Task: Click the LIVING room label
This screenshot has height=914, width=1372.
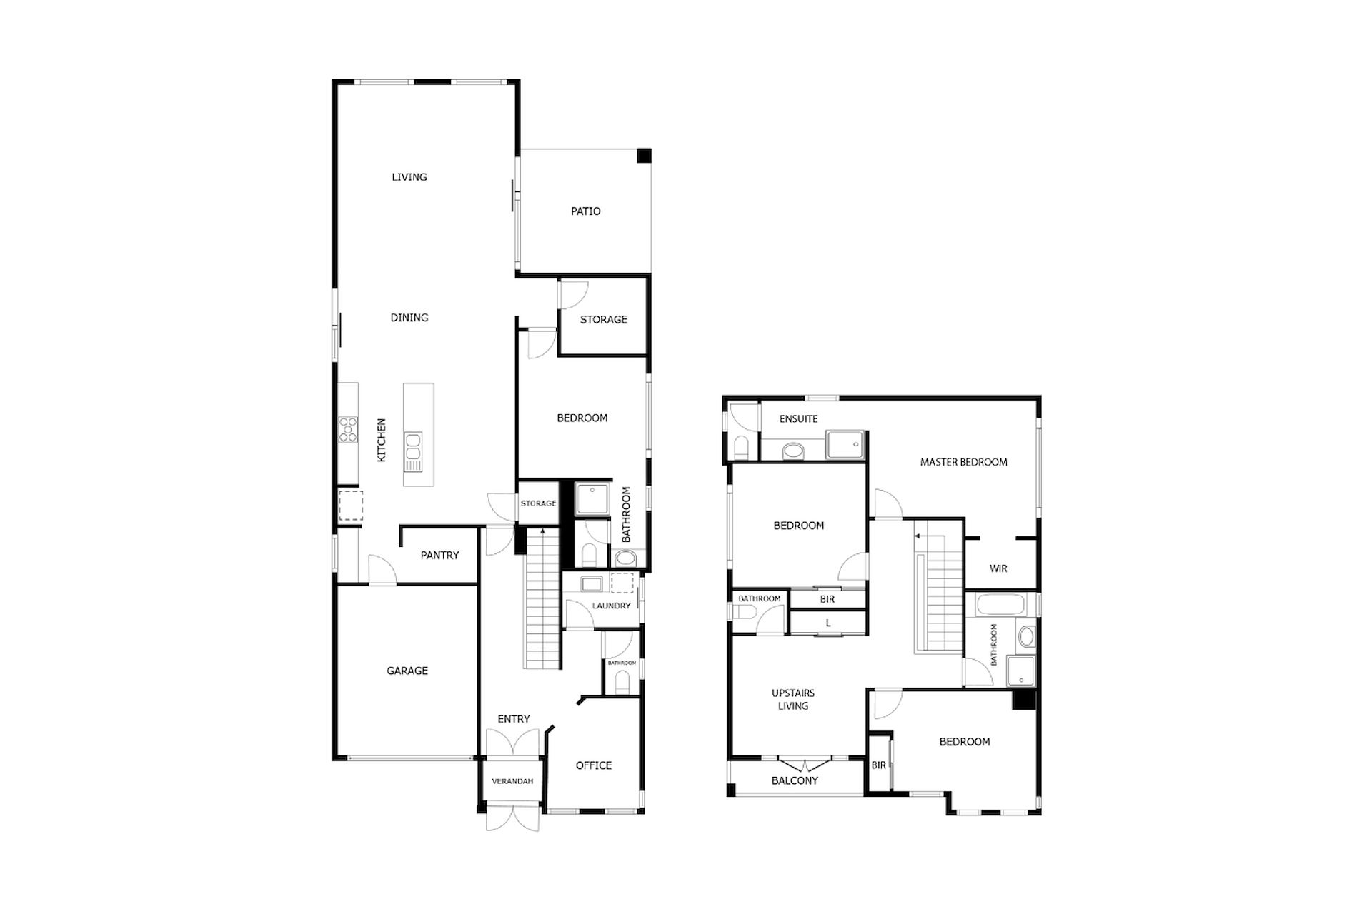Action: pos(409,177)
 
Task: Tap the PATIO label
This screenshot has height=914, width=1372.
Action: pos(586,211)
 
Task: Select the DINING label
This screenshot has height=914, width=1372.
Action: pos(409,318)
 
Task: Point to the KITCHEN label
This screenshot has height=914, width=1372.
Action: pos(382,440)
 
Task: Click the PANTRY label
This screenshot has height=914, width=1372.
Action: pos(439,556)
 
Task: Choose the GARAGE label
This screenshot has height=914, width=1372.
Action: pos(407,671)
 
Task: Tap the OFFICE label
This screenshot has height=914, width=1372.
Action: pos(594,765)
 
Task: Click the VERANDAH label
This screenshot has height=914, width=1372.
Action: pos(512,781)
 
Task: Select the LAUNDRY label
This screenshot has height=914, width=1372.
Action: pos(612,606)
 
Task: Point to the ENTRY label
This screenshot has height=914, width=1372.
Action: pos(514,719)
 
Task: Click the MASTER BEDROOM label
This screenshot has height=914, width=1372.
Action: pos(964,463)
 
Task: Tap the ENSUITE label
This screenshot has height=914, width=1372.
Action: pos(799,419)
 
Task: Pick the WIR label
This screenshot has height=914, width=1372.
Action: pos(998,569)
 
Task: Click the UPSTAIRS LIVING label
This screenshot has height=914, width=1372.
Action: pos(793,700)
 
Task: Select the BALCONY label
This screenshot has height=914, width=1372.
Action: pos(795,781)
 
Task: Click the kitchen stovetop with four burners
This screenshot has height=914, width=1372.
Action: pos(348,430)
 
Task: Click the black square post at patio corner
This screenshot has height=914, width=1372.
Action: pos(645,156)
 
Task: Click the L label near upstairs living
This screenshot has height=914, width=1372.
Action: pos(828,623)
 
